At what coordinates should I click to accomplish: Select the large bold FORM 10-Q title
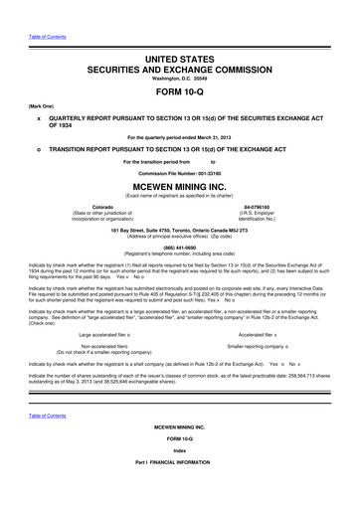tap(180, 92)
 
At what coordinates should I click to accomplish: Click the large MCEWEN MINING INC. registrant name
tap(180, 186)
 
